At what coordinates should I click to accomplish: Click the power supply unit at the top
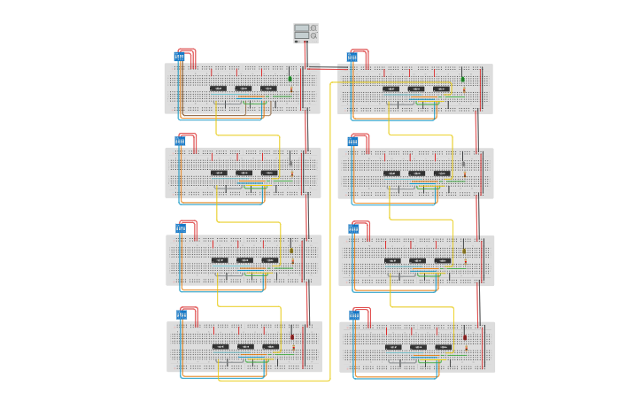coord(306,33)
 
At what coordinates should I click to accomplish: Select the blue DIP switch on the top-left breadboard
coord(179,57)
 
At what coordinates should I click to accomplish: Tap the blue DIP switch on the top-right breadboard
coord(352,58)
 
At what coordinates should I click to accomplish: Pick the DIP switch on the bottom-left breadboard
coord(182,314)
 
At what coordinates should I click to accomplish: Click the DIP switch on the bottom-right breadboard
coord(354,315)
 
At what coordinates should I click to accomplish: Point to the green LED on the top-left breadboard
coord(290,79)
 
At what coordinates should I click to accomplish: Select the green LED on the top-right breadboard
coord(462,79)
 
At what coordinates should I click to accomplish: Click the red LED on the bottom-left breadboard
coord(292,336)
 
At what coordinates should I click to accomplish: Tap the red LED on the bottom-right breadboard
coord(465,336)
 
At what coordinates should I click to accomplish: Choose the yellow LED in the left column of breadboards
coord(291,251)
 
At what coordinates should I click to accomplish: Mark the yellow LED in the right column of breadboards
coord(464,251)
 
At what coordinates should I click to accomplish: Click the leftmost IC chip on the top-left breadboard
coord(218,89)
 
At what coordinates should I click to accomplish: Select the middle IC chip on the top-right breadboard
coord(416,89)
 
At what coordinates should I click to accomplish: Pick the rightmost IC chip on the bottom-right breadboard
coord(443,346)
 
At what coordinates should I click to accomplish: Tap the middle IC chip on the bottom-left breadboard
coord(245,346)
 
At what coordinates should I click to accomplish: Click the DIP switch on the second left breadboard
coord(180,141)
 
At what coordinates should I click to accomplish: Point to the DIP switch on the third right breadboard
coord(353,229)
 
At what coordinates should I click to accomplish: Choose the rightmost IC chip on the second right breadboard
coord(442,173)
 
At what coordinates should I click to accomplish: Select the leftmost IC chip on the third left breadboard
coord(220,260)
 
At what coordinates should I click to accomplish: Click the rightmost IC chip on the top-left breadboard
coord(268,89)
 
